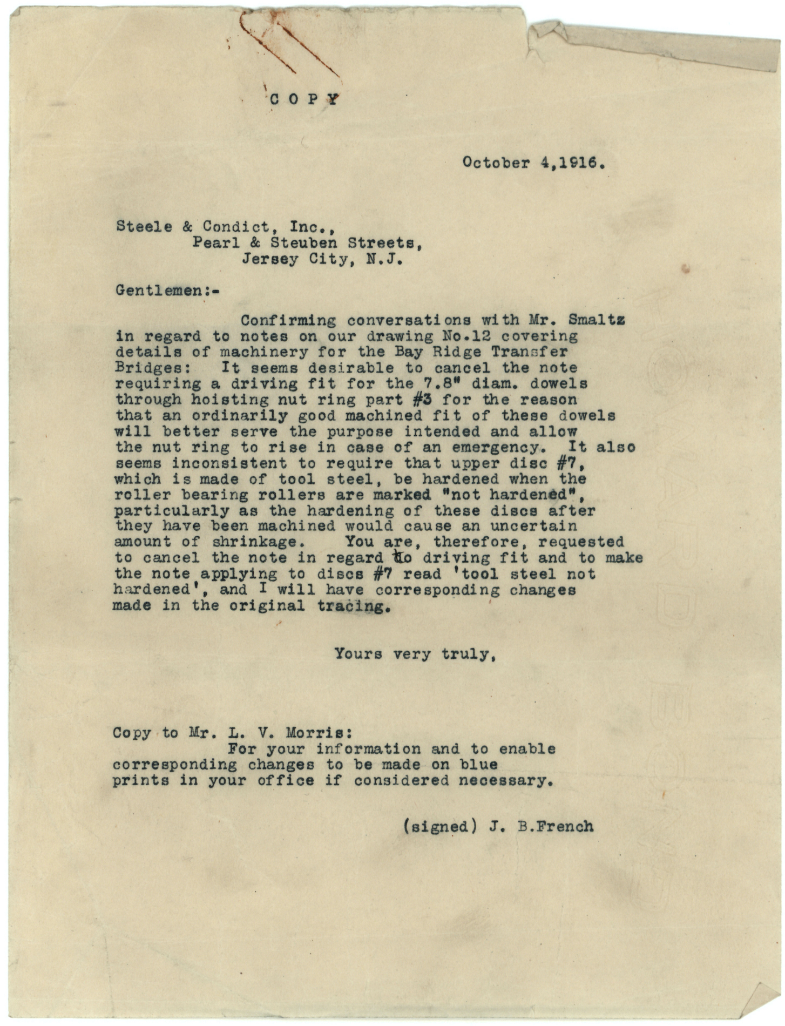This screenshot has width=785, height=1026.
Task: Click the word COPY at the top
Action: pyautogui.click(x=304, y=99)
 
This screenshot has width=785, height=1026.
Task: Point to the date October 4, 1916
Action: pyautogui.click(x=532, y=163)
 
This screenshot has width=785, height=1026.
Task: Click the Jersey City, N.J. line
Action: pyautogui.click(x=322, y=259)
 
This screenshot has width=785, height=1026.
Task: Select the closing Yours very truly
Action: pyautogui.click(x=415, y=654)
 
